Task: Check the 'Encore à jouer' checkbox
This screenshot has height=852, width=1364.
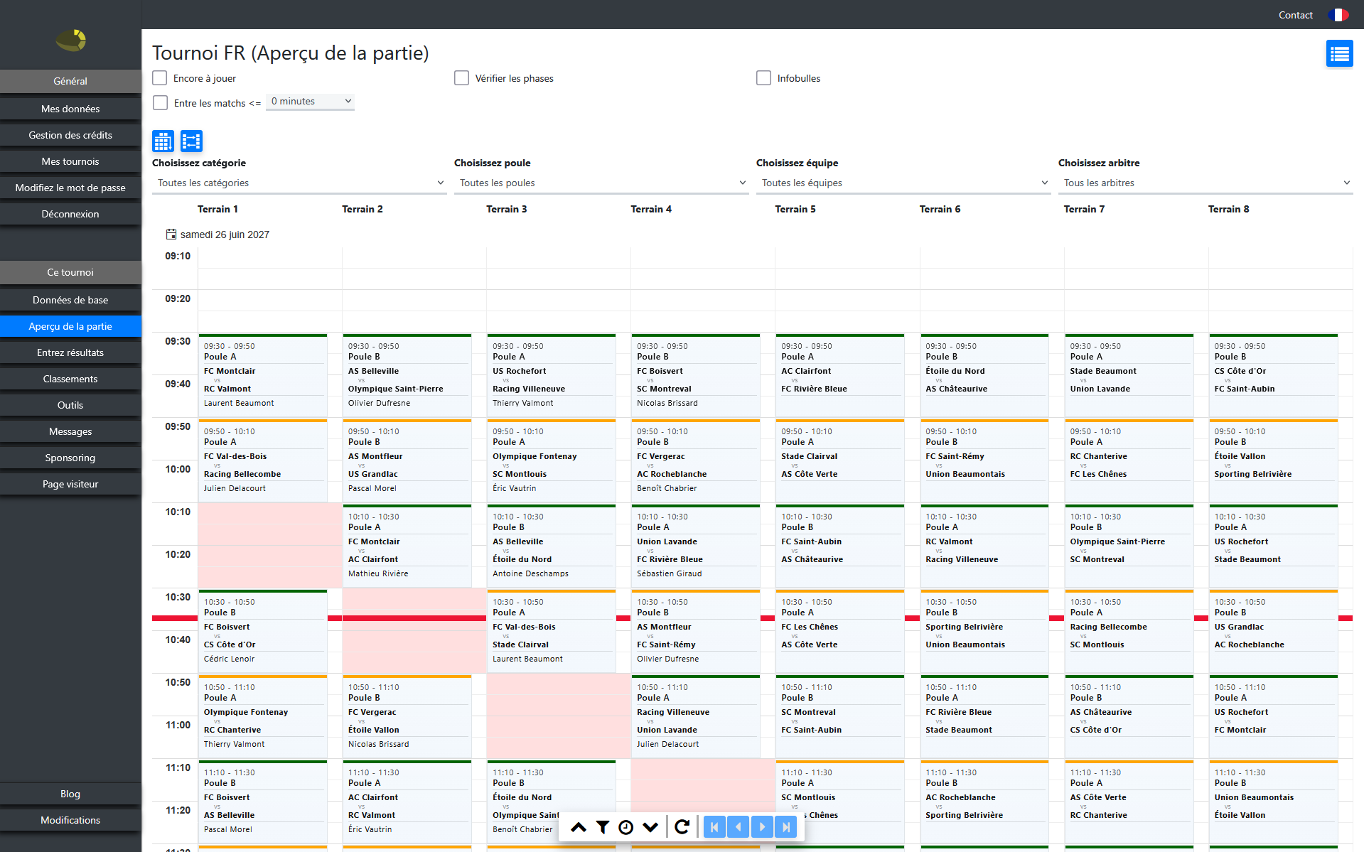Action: pos(160,78)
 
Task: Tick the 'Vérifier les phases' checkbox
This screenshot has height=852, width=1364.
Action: pos(462,78)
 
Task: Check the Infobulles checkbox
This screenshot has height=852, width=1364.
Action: pos(764,78)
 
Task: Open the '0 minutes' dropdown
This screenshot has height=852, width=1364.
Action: pos(311,102)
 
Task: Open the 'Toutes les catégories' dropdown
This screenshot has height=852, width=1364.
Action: pos(299,183)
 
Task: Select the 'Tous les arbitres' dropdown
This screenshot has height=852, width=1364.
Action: pos(1205,183)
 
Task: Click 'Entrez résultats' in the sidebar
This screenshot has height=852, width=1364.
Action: pos(70,352)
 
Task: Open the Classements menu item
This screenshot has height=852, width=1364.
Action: pos(70,379)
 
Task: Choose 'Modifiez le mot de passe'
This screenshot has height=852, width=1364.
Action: pos(70,188)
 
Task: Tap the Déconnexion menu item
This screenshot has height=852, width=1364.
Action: pos(70,214)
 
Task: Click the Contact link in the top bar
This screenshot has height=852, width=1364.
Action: pos(1295,15)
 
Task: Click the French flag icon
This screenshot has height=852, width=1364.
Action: pos(1338,15)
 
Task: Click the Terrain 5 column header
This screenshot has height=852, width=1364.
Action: pos(795,209)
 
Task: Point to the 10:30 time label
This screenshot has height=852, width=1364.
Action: pos(178,597)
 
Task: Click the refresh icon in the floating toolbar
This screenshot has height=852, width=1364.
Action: pos(682,827)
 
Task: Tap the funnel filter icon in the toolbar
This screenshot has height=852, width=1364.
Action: pos(603,827)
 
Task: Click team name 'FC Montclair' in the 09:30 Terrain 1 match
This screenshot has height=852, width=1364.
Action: pos(230,371)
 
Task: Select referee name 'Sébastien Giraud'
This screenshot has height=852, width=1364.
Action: pos(669,573)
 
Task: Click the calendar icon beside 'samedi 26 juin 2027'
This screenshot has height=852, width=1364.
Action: pos(171,234)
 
